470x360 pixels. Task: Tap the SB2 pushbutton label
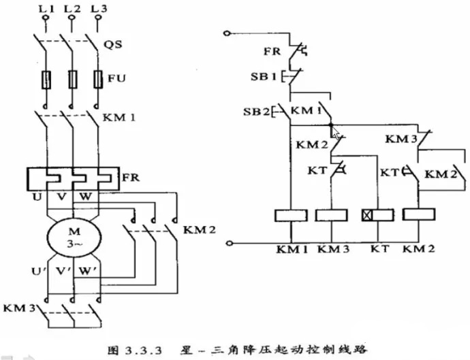click(x=255, y=111)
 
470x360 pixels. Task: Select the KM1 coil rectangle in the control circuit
click(x=292, y=215)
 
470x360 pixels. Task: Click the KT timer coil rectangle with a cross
click(x=376, y=215)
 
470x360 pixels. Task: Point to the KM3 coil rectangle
click(x=332, y=215)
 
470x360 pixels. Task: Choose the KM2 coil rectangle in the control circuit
click(x=420, y=215)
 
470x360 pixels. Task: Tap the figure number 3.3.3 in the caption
click(x=146, y=350)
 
